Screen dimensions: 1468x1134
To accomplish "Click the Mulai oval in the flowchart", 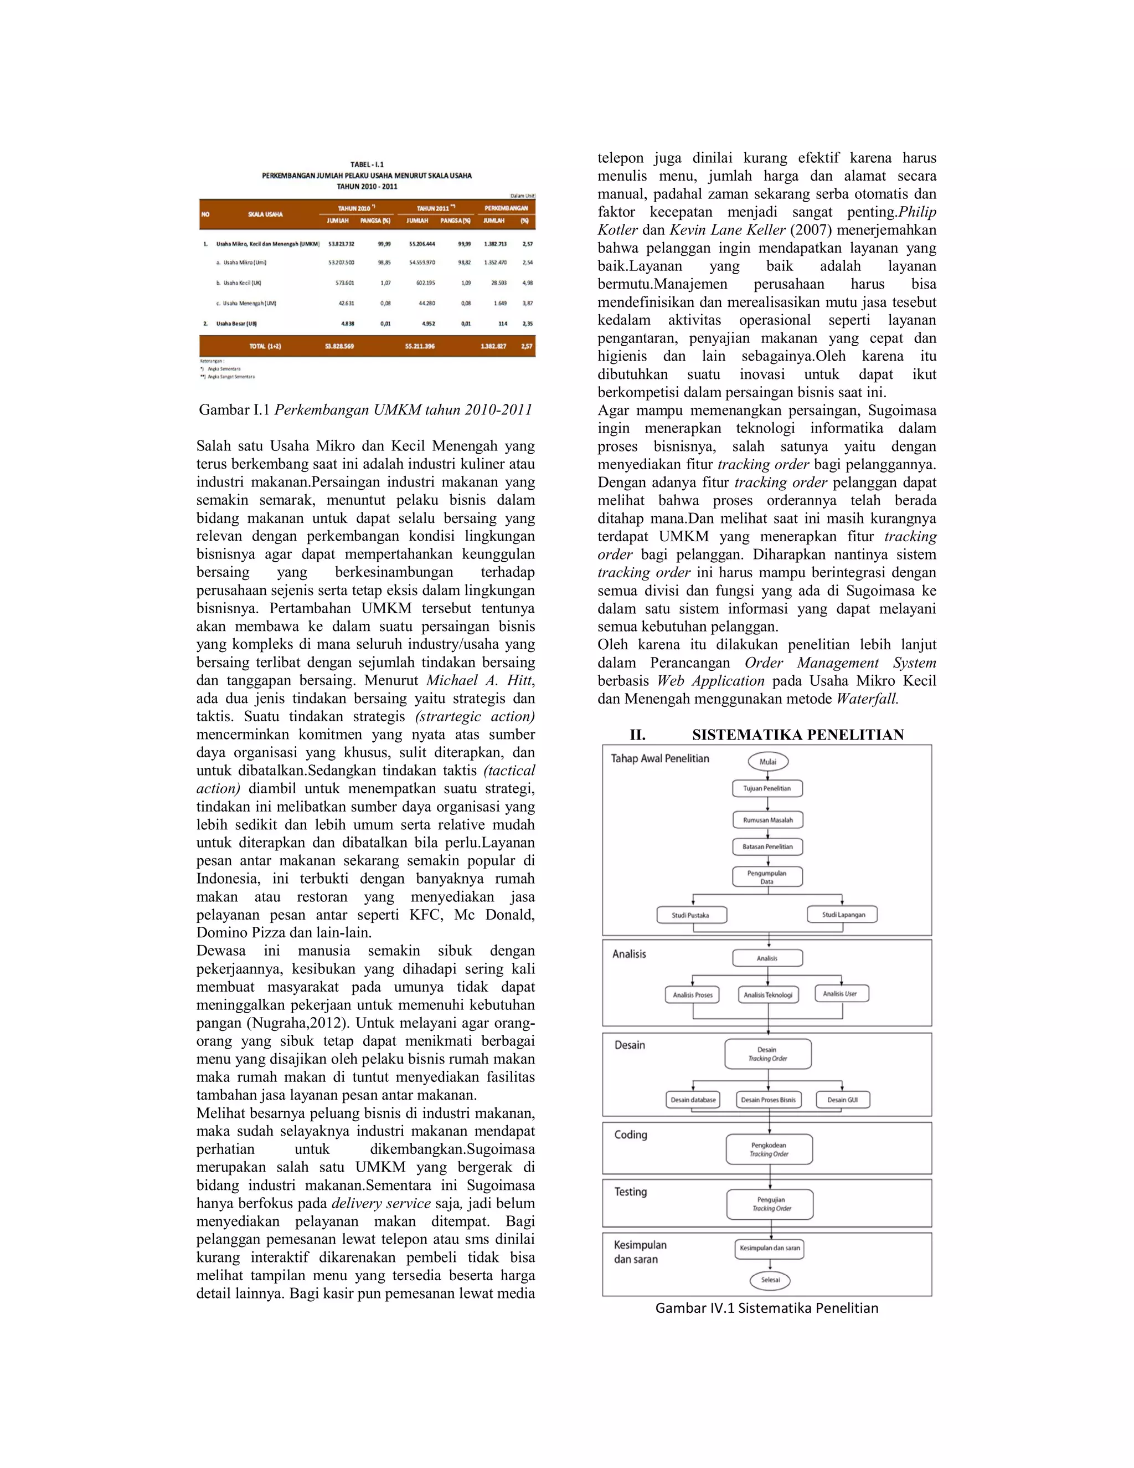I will [768, 762].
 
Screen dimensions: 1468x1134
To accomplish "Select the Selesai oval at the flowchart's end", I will [770, 1280].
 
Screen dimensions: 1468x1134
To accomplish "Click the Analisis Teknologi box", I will [768, 995].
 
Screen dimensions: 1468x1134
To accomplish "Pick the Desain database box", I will [693, 1100].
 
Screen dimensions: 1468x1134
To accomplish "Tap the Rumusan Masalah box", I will [768, 820].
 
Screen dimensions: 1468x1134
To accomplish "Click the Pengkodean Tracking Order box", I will [769, 1149].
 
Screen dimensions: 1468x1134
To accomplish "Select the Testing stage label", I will [631, 1192].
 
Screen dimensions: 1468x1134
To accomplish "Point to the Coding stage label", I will [631, 1135].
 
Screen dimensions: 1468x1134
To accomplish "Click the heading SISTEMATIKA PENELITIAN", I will [797, 735].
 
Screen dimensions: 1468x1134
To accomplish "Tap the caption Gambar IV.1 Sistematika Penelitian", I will [766, 1308].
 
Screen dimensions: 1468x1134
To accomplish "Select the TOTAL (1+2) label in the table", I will [265, 346].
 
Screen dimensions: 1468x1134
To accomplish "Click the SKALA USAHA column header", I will [265, 214].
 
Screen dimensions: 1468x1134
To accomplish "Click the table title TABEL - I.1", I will [367, 165].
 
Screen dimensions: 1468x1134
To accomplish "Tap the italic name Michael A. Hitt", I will [480, 680].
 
